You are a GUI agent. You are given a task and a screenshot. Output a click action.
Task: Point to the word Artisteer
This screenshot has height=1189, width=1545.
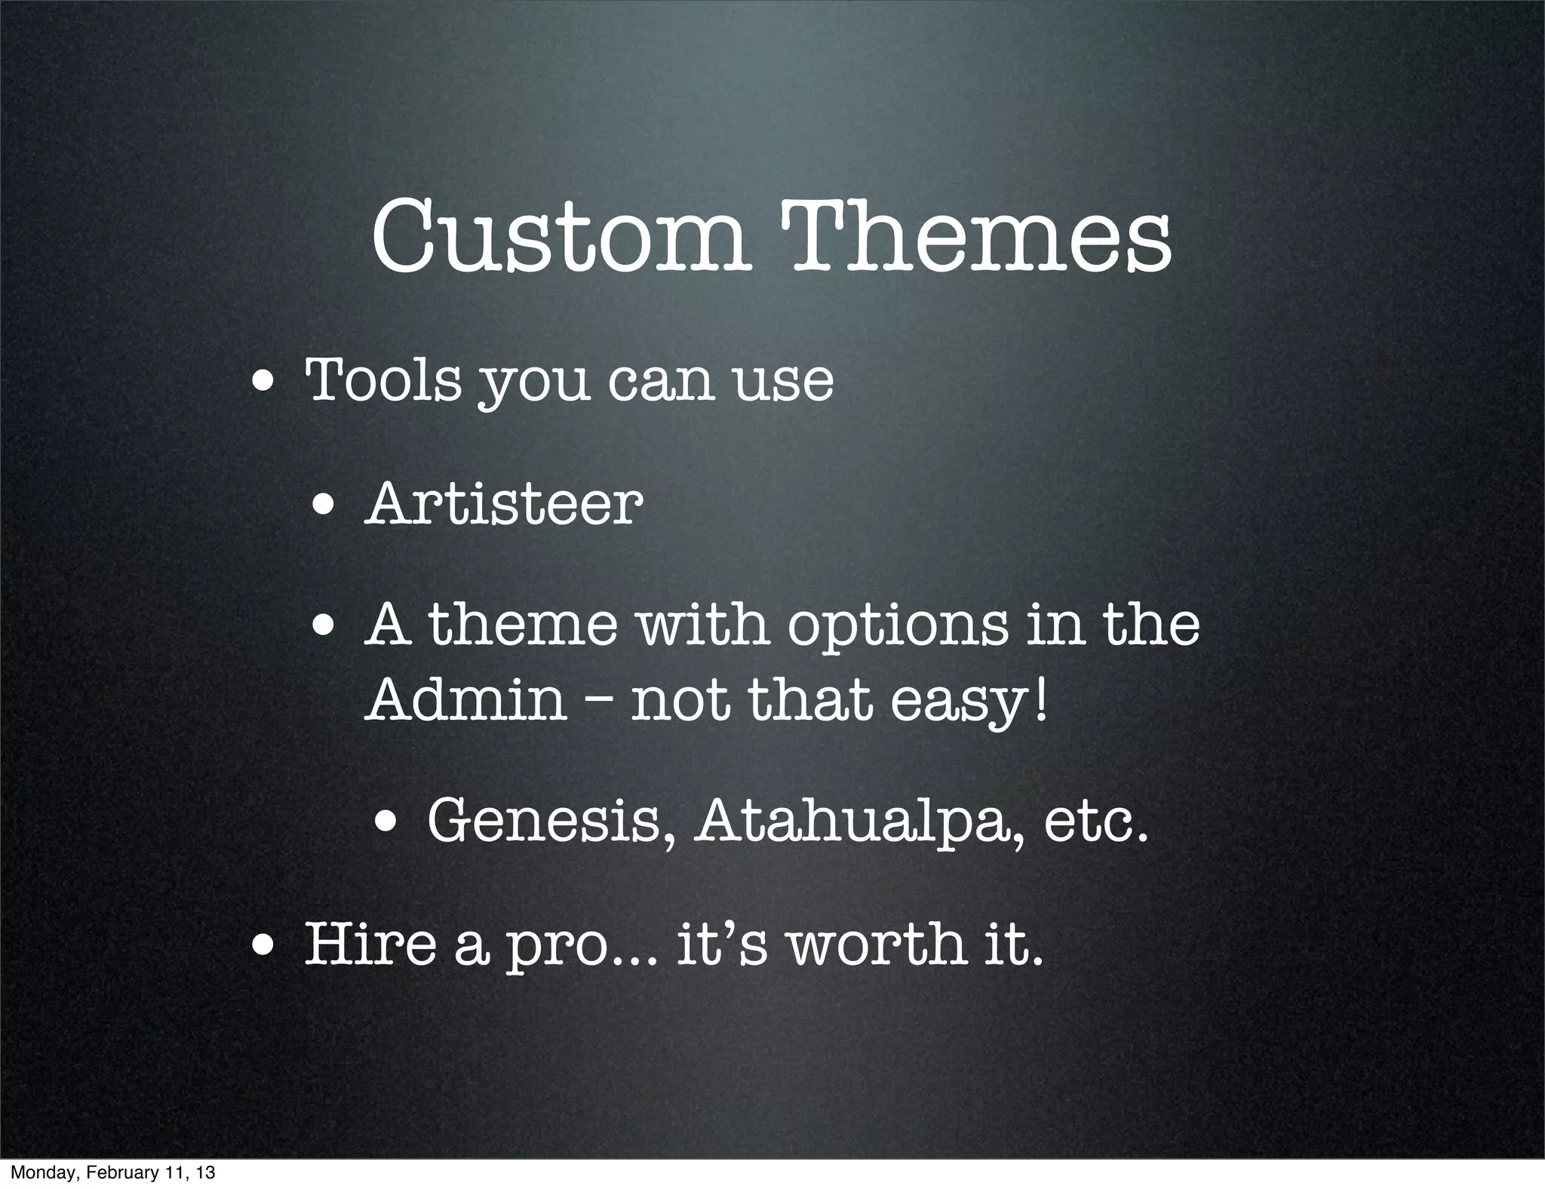click(504, 504)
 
